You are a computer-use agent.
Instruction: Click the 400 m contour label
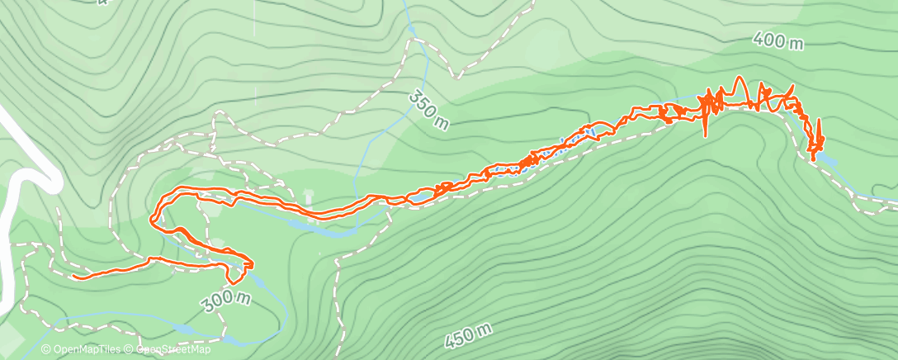click(777, 42)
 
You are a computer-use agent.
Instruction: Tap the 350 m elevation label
click(429, 109)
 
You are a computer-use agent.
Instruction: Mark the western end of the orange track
click(74, 277)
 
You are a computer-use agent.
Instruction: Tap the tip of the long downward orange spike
click(706, 135)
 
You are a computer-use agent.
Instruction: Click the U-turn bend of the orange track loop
click(154, 218)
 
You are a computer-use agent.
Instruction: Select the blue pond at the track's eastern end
click(825, 158)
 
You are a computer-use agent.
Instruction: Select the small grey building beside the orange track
click(310, 196)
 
